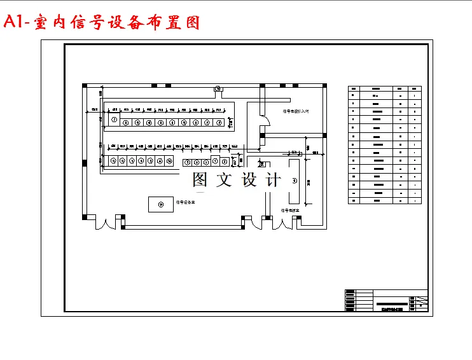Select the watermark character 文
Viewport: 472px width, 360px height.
click(225, 180)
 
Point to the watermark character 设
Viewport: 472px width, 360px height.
click(249, 180)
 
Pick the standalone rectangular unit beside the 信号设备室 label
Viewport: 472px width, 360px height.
click(160, 204)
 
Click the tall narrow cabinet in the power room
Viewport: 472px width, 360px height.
click(294, 181)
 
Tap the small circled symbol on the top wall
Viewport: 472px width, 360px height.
click(218, 88)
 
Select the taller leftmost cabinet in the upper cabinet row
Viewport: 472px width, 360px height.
click(114, 120)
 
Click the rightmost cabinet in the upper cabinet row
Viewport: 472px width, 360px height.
click(219, 122)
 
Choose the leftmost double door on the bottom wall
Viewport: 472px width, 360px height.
click(105, 223)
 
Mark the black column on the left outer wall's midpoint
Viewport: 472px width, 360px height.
click(85, 163)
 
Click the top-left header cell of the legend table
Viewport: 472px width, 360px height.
click(354, 88)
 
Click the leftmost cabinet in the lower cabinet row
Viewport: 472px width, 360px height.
click(113, 162)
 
